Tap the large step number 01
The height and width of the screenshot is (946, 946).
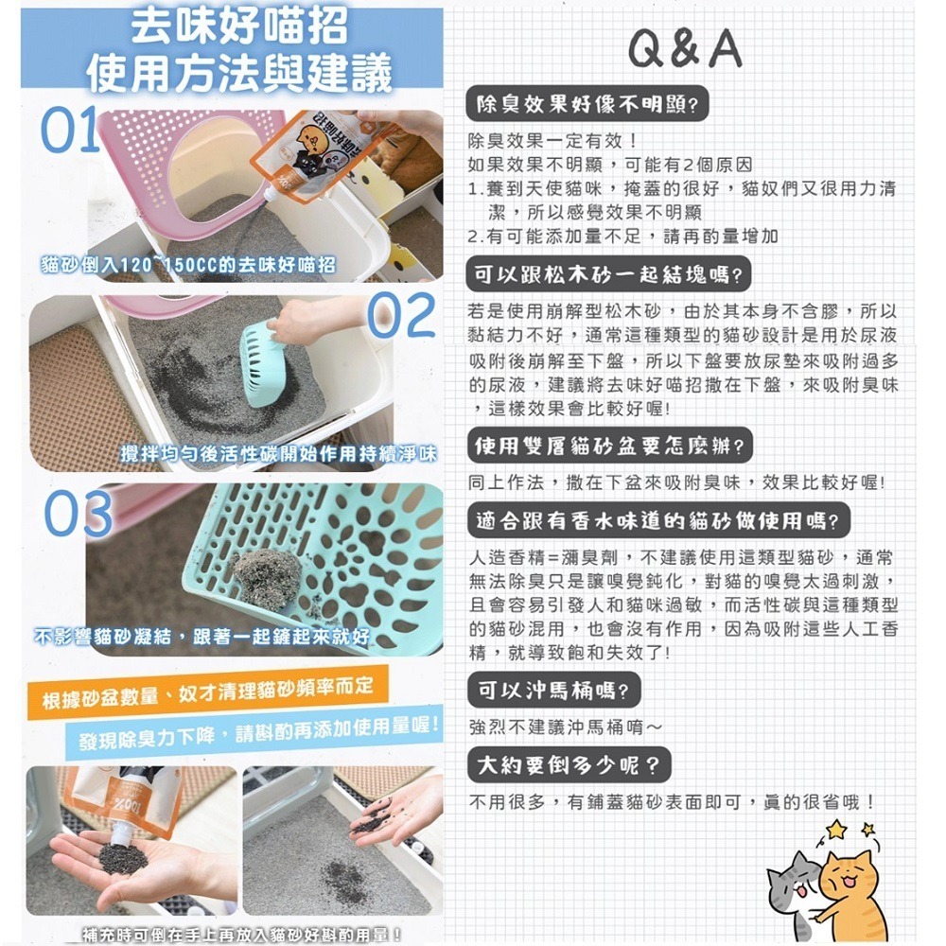coord(68,131)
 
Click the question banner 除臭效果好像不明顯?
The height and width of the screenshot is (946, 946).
coord(589,105)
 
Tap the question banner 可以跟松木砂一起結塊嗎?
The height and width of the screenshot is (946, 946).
coord(610,276)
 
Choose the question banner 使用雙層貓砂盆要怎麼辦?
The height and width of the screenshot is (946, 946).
coord(610,444)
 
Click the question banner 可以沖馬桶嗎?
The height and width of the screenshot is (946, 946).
coord(554,691)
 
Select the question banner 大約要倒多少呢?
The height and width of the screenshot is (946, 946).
coord(569,762)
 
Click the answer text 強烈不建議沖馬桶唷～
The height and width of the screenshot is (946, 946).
coord(566,727)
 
